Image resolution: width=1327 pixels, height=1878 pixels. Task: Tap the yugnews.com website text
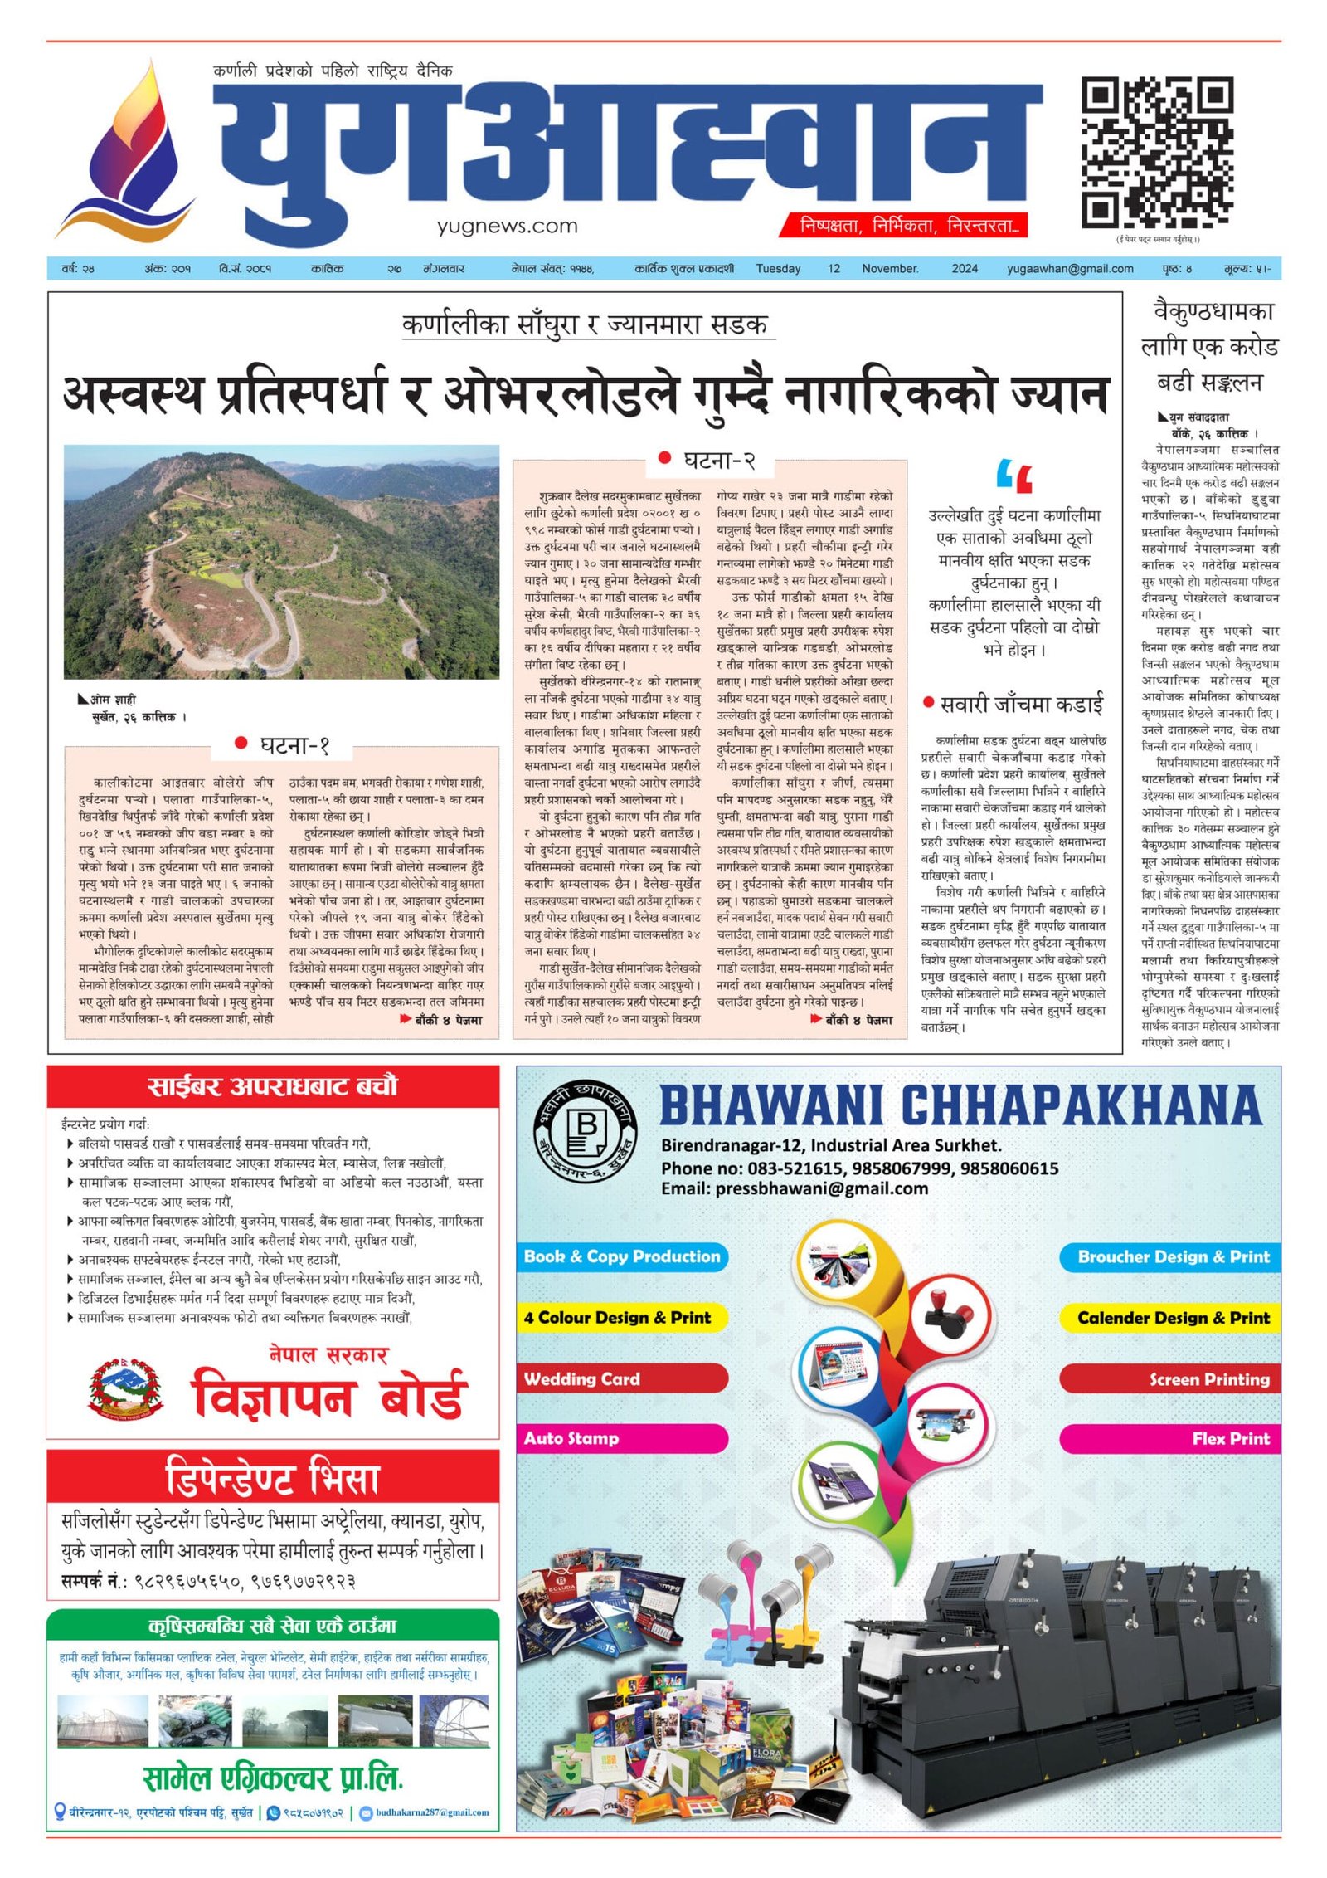pyautogui.click(x=507, y=226)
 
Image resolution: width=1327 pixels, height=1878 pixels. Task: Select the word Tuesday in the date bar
pyautogui.click(x=777, y=269)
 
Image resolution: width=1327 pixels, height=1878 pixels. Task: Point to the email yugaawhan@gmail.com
pyautogui.click(x=1069, y=269)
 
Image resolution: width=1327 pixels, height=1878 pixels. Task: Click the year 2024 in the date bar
pyautogui.click(x=964, y=269)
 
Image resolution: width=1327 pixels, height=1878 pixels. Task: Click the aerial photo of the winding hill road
pyautogui.click(x=281, y=562)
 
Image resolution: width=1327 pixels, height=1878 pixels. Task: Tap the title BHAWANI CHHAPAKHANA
pyautogui.click(x=960, y=1106)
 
